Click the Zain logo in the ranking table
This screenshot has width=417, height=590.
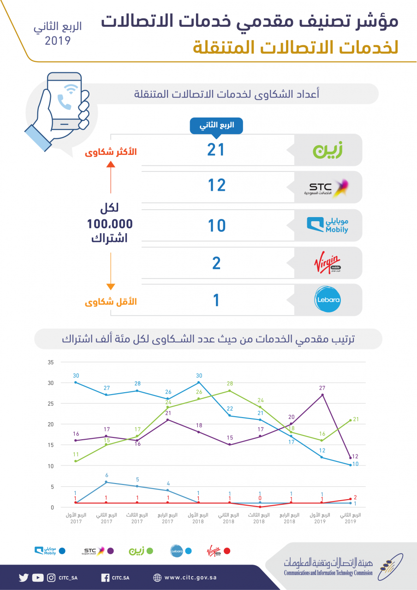point(328,150)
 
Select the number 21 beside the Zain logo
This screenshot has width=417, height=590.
point(216,150)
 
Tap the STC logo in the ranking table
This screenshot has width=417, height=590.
point(326,188)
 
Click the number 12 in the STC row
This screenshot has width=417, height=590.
point(217,185)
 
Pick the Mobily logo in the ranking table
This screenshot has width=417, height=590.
point(328,225)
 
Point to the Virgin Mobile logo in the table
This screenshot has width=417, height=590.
point(328,262)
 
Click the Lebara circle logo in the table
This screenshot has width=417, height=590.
point(328,300)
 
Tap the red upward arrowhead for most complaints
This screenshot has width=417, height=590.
point(111,165)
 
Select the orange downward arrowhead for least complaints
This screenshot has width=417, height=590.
point(111,287)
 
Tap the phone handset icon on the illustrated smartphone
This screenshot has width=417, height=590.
point(64,102)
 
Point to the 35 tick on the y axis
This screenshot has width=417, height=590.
point(51,362)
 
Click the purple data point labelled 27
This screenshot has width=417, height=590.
point(322,395)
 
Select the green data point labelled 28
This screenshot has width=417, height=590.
point(230,391)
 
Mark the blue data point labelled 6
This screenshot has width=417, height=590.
point(106,482)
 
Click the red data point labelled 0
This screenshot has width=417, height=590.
point(260,507)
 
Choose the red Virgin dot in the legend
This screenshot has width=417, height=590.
point(226,551)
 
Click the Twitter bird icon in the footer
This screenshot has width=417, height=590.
point(24,578)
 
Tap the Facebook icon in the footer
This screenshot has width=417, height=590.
point(105,578)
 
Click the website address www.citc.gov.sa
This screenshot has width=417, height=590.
point(191,578)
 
